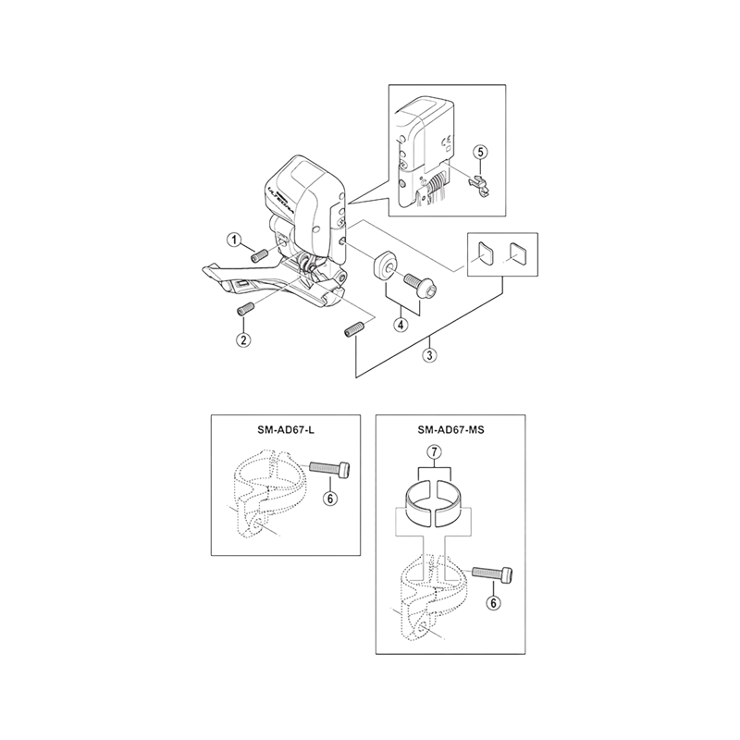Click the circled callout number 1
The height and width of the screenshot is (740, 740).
coord(237,240)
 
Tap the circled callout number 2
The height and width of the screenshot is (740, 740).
coord(243,339)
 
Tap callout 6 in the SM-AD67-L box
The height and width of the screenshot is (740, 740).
coord(332,497)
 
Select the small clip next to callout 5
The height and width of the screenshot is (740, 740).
coord(478,179)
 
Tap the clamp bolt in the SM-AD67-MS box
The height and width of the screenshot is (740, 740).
coord(490,575)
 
